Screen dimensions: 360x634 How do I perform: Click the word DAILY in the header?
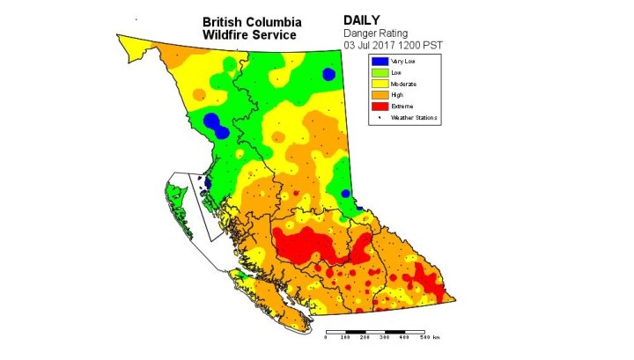click(363, 19)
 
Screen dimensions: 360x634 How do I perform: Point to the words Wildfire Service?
click(250, 34)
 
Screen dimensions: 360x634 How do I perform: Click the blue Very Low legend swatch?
click(379, 61)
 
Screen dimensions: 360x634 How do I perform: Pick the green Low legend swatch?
click(379, 72)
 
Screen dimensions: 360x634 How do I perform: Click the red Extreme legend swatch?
click(379, 107)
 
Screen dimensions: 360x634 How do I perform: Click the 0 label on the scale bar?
click(327, 337)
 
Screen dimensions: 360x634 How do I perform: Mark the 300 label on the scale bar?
click(384, 337)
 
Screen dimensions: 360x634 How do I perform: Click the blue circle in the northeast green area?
click(328, 75)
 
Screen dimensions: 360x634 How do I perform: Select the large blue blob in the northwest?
click(212, 121)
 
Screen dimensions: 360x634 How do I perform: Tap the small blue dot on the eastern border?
click(346, 194)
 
